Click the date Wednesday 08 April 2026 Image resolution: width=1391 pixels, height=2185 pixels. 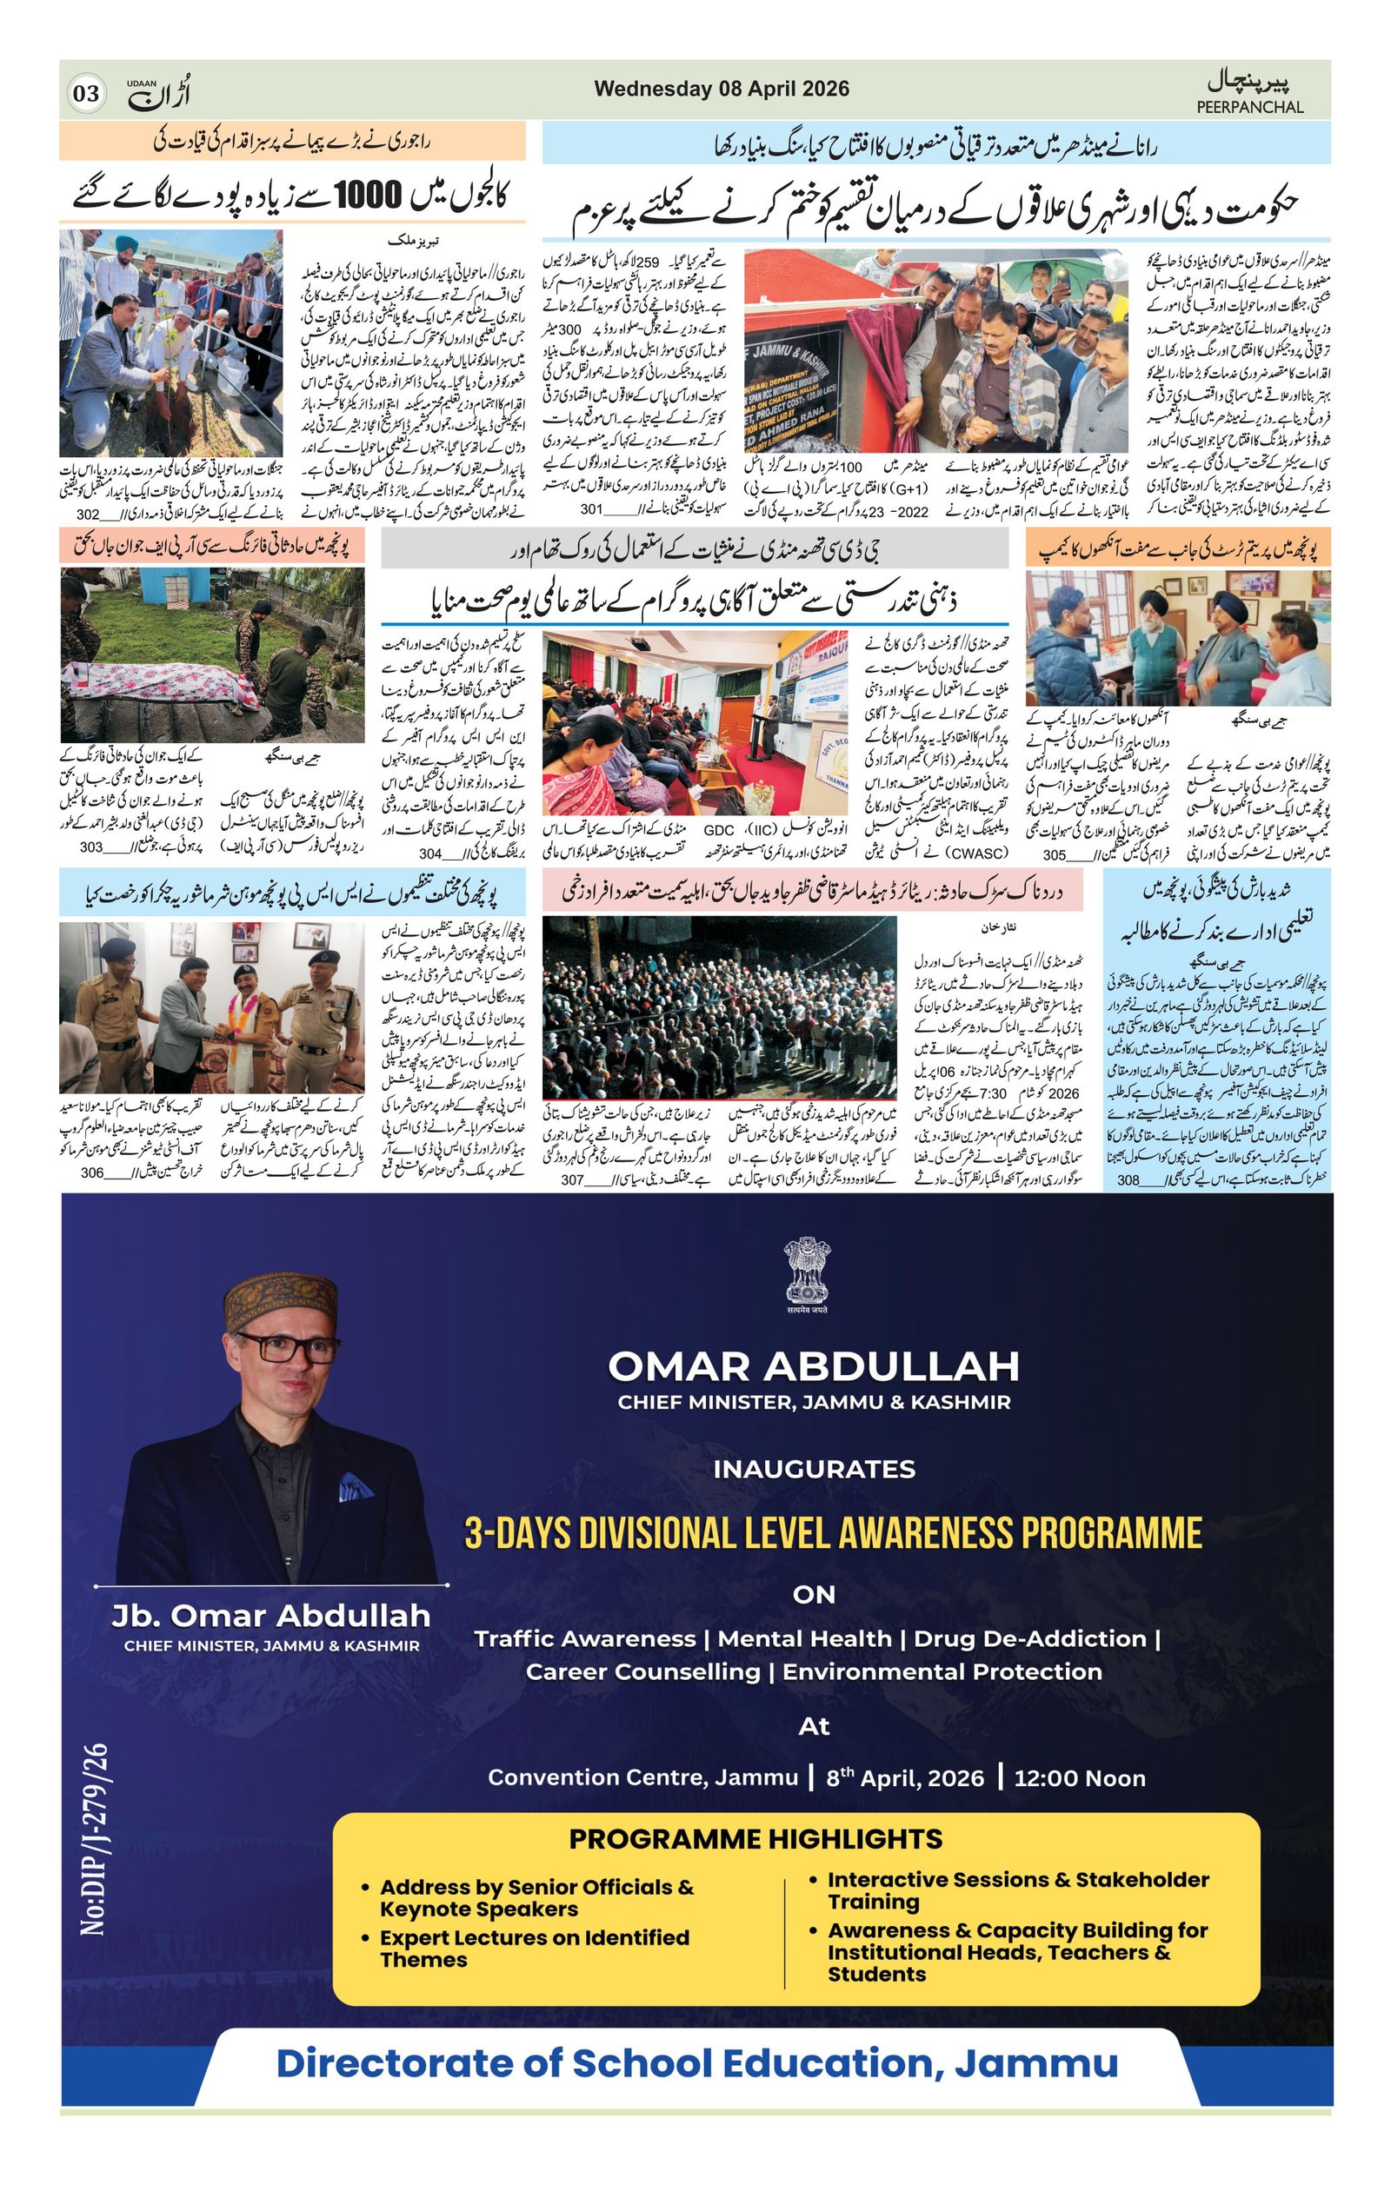coord(722,89)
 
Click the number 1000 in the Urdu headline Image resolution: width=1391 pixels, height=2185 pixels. coord(368,193)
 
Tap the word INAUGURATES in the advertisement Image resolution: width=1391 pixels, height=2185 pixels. coord(813,1469)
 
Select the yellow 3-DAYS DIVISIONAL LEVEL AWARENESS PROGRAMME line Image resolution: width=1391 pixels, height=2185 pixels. coord(832,1532)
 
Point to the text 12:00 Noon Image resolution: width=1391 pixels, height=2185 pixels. coord(1079,1777)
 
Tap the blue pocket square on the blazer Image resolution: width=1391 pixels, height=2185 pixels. coord(355,1486)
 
